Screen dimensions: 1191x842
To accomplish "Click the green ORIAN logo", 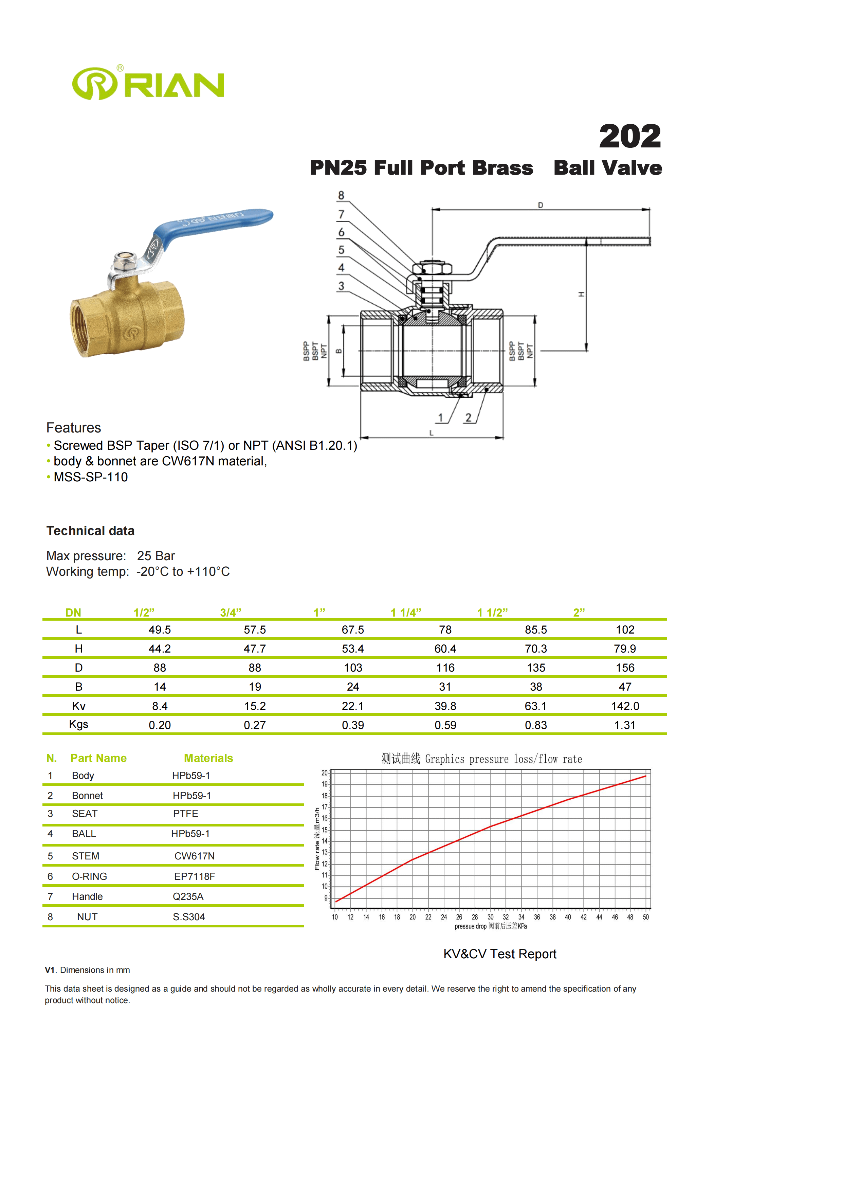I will [x=148, y=84].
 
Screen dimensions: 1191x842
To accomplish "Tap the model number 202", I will [x=629, y=137].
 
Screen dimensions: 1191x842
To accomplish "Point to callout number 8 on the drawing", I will [x=341, y=196].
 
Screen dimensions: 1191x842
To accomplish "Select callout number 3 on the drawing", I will [x=341, y=286].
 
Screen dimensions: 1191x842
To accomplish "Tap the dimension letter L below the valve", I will [x=432, y=433].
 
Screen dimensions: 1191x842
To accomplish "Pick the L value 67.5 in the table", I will [x=352, y=630].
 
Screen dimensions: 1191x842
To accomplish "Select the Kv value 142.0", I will [x=625, y=706].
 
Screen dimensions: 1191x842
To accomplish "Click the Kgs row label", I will [x=79, y=724].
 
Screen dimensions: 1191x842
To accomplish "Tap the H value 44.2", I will [x=160, y=649].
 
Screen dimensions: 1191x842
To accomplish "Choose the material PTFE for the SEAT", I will [x=186, y=813].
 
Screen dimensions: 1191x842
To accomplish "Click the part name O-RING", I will [x=90, y=876].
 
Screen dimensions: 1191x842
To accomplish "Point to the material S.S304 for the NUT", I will [x=189, y=917].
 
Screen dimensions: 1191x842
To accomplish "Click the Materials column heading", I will [x=208, y=758].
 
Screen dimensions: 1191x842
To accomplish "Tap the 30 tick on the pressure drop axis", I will [x=490, y=917].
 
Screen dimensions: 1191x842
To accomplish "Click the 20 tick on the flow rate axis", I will [x=325, y=773].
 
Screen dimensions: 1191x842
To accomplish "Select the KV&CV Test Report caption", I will [x=500, y=954].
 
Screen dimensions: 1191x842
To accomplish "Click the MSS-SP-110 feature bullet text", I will [x=91, y=477].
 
